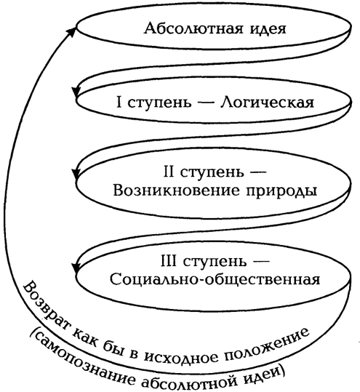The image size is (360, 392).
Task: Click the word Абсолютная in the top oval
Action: pyautogui.click(x=193, y=28)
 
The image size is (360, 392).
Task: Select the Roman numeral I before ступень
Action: pyautogui.click(x=119, y=102)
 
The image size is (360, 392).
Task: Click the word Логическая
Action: pyautogui.click(x=267, y=102)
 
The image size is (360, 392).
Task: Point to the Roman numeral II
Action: pyautogui.click(x=169, y=172)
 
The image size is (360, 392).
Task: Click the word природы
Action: pyautogui.click(x=281, y=192)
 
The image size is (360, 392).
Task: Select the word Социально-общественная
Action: pyautogui.click(x=215, y=279)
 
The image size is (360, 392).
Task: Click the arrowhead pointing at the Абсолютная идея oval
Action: pyautogui.click(x=72, y=31)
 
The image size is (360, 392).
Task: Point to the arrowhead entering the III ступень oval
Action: pyautogui.click(x=75, y=268)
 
